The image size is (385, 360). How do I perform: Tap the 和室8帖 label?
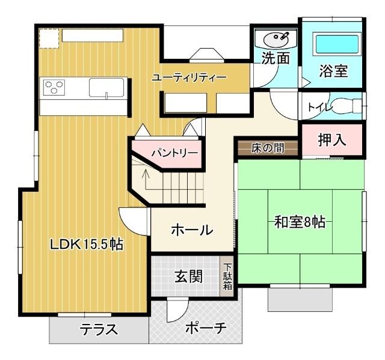point(300,222)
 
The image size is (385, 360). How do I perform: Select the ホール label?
point(192,230)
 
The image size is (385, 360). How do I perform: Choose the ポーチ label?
point(205,328)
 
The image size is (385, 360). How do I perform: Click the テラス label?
point(99,329)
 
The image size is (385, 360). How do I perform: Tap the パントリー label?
point(174,153)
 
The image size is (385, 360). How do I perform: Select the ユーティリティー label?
point(189,78)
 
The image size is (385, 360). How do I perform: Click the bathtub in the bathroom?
point(337,44)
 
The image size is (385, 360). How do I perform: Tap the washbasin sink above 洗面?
point(276,38)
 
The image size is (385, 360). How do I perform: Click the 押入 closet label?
point(332,140)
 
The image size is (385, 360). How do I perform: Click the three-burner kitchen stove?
point(55,88)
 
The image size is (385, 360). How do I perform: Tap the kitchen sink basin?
point(107,88)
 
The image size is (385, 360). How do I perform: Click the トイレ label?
point(318,107)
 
